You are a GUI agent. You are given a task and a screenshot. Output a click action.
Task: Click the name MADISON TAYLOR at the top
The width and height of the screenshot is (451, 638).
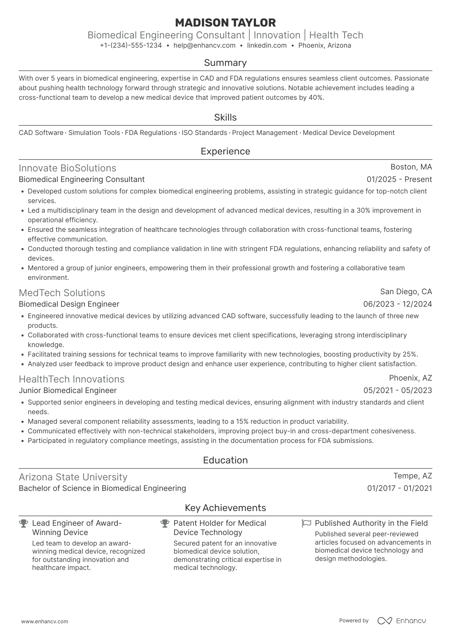pos(225,23)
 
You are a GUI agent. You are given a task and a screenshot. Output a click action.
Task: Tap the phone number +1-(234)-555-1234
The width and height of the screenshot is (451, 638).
pos(131,45)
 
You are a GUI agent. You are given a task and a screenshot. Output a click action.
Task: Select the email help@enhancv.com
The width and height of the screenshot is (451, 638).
pos(204,45)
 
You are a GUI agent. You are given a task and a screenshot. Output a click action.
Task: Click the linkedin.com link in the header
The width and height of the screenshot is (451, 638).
pos(267,45)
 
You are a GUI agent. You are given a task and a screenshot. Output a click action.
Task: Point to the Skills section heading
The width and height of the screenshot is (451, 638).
pos(225,117)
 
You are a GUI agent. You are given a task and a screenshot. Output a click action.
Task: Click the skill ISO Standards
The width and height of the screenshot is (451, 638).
pos(204,133)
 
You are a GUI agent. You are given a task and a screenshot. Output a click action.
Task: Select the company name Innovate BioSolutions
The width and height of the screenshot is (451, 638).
pos(67,168)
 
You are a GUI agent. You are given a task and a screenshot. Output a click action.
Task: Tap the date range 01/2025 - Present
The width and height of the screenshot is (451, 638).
pos(399,179)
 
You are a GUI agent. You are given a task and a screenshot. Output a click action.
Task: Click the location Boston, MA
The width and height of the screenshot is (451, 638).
pos(411,167)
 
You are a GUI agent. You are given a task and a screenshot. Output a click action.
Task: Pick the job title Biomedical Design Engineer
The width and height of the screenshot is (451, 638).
pos(69,304)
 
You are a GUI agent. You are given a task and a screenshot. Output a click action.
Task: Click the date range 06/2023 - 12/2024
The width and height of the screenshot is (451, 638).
pos(397,304)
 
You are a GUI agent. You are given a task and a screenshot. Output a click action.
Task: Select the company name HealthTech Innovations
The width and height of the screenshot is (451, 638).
pos(72,379)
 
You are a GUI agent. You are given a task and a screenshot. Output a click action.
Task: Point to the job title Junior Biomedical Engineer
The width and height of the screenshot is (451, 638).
pos(68,390)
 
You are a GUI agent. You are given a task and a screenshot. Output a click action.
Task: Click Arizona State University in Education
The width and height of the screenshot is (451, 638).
pos(73,477)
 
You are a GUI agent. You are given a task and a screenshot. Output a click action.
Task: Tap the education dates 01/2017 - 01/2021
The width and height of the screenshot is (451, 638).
pos(399,488)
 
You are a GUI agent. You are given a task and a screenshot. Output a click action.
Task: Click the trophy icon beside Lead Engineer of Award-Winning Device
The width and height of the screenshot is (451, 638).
pos(23,524)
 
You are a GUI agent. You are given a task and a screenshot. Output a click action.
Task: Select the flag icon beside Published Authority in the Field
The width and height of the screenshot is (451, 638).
pos(306,524)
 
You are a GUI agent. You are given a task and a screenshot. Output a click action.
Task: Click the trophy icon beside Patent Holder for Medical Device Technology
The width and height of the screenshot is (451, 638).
pos(165,524)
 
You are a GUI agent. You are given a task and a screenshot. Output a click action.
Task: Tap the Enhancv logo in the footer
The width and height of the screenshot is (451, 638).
pos(402,621)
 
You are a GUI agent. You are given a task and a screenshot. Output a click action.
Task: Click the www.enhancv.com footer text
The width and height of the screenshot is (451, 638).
pos(44,621)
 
